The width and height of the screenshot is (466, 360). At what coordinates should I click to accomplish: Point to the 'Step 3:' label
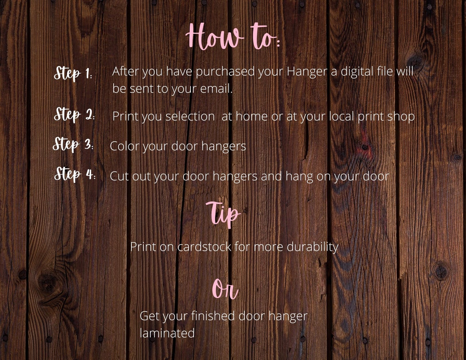coord(73,145)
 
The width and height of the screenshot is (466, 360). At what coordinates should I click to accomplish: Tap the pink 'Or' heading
coord(225,289)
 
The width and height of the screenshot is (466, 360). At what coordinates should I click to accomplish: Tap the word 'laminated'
coord(167,333)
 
